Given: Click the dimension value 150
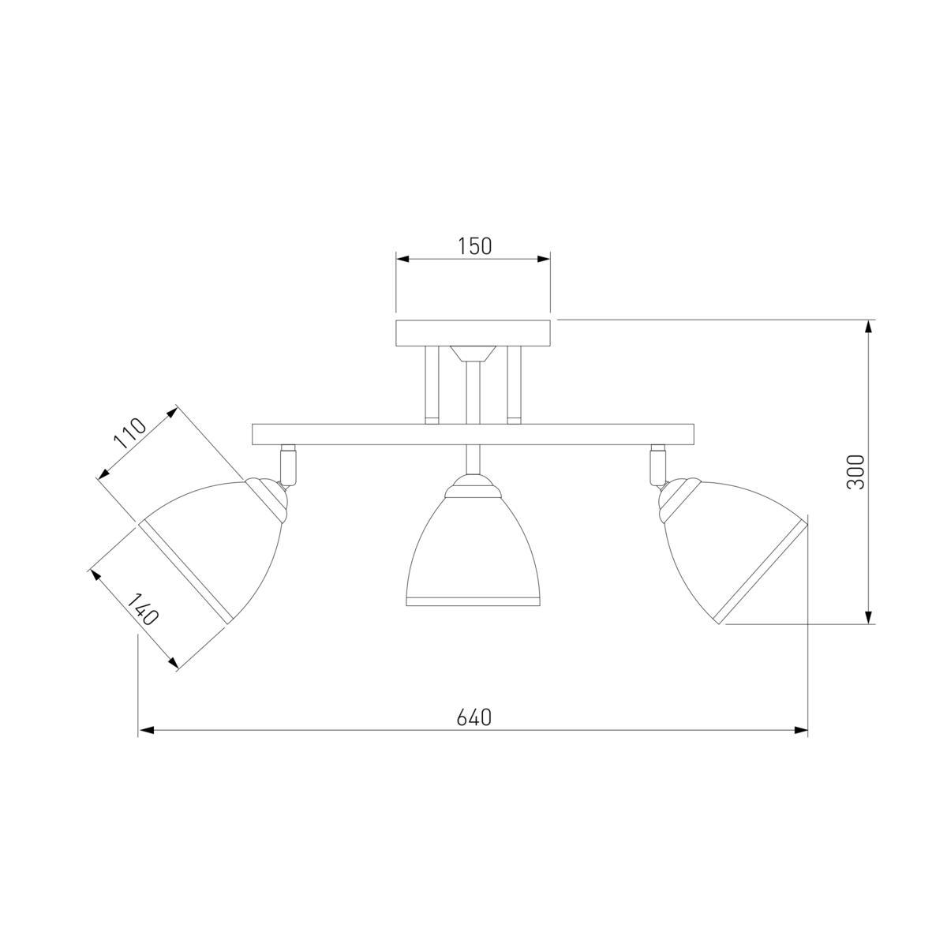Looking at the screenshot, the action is tap(474, 246).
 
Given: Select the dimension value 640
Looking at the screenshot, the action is tap(473, 718).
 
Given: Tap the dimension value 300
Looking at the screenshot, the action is tap(855, 472).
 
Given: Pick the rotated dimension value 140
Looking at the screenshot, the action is tap(143, 609).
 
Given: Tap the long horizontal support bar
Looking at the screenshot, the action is tap(473, 434).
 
